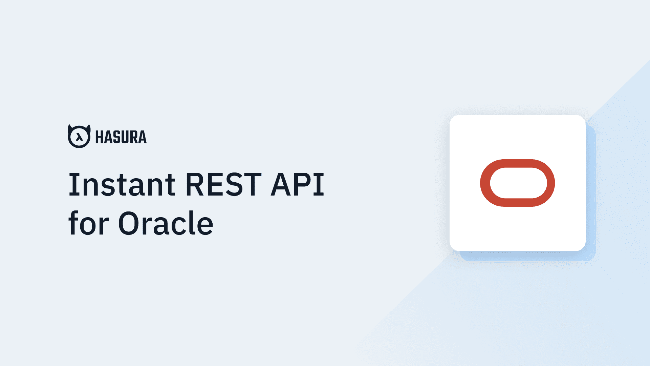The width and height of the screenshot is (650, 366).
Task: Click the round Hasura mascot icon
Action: [x=79, y=136]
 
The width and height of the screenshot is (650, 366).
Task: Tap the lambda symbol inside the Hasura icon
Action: [x=79, y=137]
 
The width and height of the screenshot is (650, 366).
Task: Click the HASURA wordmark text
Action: [x=121, y=137]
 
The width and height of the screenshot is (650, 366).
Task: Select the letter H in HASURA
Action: [x=100, y=137]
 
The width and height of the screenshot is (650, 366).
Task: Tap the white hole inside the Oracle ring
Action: [x=518, y=183]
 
